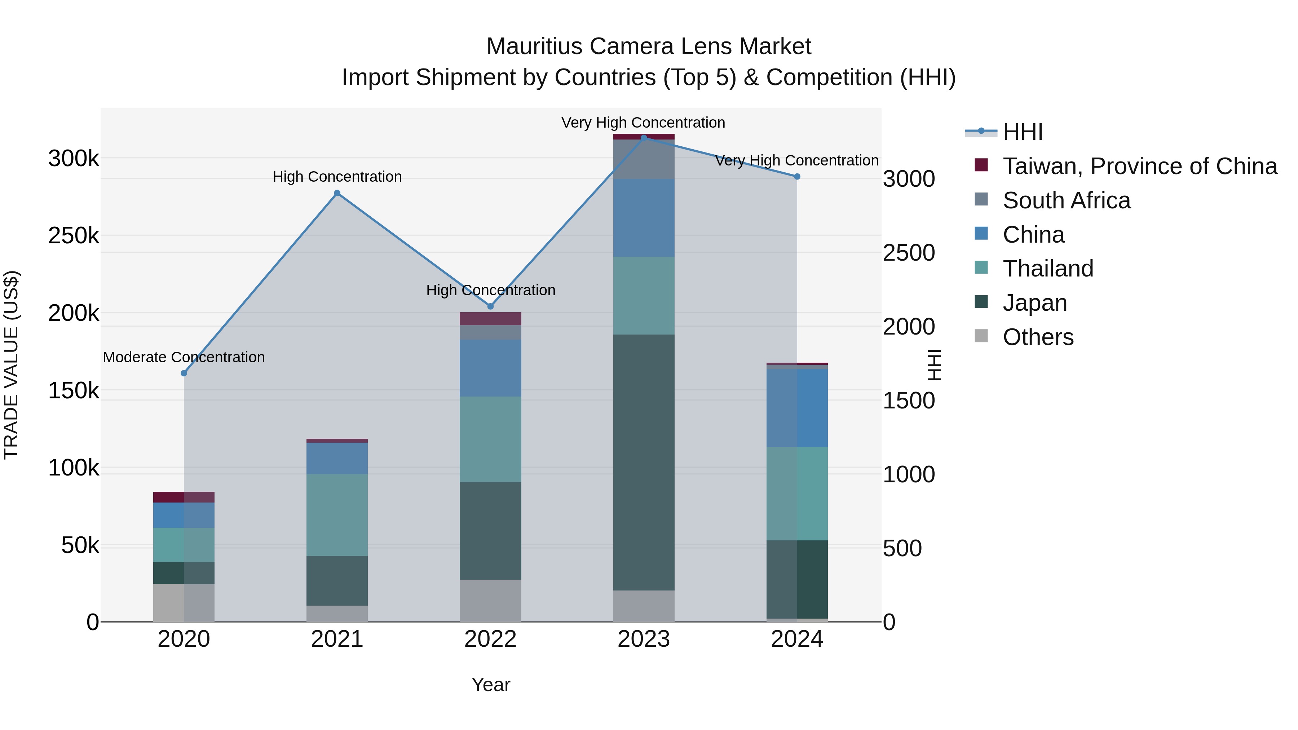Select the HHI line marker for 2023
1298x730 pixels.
coord(644,138)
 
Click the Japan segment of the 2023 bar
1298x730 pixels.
coord(644,462)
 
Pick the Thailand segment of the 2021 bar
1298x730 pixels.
coord(337,514)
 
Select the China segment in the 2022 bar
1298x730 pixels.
coord(490,368)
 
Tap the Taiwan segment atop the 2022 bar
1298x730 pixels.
coord(490,318)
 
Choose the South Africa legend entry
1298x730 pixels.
coord(1066,200)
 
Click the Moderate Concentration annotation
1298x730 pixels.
coord(184,357)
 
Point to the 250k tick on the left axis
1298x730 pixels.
coord(74,236)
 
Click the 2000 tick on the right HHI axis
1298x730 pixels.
coord(909,327)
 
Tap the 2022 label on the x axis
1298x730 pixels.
coord(490,639)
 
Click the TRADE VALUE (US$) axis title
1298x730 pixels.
coord(12,365)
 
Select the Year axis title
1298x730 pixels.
coord(491,685)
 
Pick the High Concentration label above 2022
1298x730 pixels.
coord(490,290)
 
